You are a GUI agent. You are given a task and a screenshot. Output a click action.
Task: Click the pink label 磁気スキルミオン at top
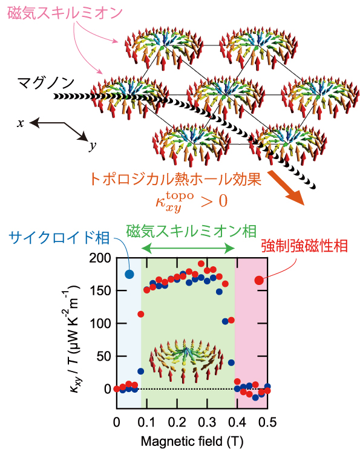click(x=65, y=13)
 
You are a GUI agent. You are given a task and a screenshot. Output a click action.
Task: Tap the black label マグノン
click(x=46, y=83)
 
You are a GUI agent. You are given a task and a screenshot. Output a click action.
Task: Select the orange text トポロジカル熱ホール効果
click(x=175, y=179)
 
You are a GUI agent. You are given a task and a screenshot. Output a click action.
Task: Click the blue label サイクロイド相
click(x=59, y=238)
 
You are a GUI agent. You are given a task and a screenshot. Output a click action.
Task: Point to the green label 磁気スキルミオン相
click(x=191, y=231)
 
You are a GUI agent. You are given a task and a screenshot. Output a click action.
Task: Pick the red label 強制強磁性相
click(x=304, y=246)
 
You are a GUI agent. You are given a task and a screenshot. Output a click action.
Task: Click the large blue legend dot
click(x=129, y=274)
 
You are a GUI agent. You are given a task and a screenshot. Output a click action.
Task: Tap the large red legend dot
click(x=259, y=280)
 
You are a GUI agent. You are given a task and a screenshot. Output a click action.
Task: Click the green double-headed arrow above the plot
click(x=189, y=248)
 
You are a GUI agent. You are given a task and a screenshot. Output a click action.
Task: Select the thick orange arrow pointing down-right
click(x=286, y=188)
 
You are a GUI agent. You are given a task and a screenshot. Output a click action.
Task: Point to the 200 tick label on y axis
click(x=100, y=258)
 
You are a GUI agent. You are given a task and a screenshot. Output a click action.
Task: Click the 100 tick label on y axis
click(x=100, y=324)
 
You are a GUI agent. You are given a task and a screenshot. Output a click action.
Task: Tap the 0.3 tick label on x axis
click(x=207, y=422)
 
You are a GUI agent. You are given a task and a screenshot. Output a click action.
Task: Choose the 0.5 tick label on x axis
click(x=267, y=422)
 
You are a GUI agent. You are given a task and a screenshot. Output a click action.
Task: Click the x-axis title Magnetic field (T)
click(x=192, y=441)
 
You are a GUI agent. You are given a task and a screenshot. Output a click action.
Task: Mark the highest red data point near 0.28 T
click(x=201, y=263)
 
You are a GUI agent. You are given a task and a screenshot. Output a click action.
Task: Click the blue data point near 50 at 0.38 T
click(x=231, y=362)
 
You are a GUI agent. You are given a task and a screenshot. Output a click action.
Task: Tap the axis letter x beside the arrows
click(x=20, y=123)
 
